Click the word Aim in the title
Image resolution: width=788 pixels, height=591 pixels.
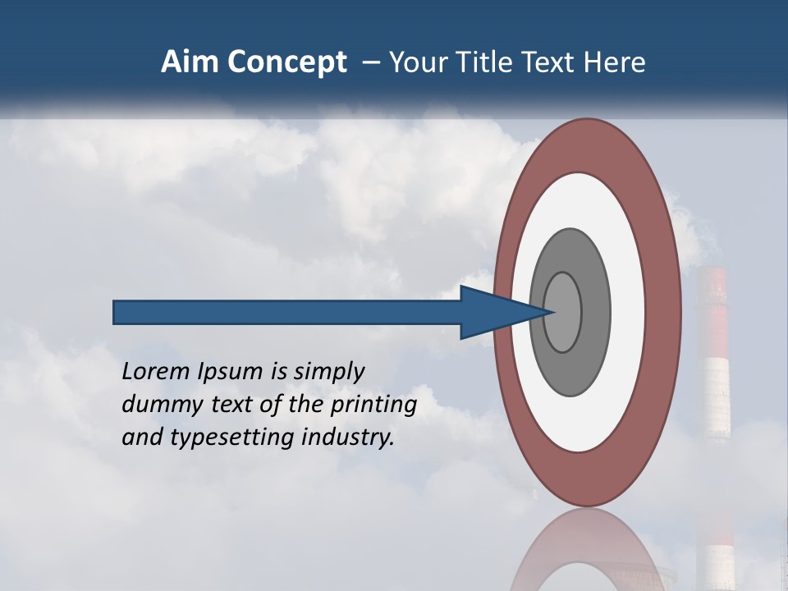coord(190,62)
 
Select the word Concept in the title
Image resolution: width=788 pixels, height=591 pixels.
coord(286,62)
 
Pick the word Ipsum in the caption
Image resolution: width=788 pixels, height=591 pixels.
coord(229,372)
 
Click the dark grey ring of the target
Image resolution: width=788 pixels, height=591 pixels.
coord(569,369)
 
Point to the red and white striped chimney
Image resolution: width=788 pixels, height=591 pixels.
coord(714,353)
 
